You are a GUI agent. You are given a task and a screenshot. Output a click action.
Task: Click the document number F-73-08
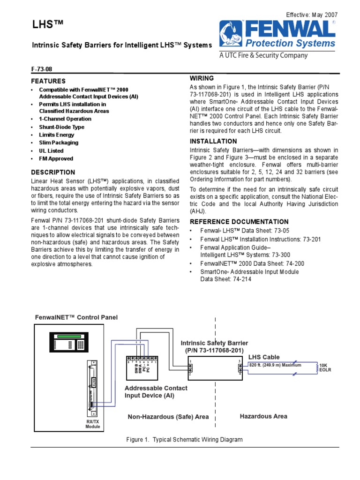point(41,68)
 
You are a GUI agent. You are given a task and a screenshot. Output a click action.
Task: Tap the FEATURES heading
point(48,81)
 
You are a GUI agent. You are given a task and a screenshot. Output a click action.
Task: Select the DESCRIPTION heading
point(53,172)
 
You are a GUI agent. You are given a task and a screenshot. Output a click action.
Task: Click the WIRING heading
point(202,78)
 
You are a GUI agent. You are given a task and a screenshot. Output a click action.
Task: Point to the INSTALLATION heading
point(213,141)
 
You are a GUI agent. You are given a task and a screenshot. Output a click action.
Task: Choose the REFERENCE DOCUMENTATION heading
point(239,222)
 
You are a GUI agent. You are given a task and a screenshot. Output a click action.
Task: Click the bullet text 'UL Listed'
point(51,151)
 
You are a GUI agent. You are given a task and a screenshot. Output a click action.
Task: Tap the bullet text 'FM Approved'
point(56,159)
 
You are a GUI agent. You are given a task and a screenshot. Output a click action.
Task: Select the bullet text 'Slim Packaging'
point(59,142)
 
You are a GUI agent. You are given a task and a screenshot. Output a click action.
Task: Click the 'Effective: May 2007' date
point(311,15)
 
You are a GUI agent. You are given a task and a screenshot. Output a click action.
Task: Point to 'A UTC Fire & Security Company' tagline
point(264,55)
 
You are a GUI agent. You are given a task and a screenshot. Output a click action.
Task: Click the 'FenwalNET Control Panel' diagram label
point(76,317)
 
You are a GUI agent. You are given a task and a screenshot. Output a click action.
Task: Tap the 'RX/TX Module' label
point(93,424)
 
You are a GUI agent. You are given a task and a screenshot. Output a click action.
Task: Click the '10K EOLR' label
point(325,367)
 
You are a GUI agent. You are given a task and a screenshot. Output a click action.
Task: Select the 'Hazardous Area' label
point(263,416)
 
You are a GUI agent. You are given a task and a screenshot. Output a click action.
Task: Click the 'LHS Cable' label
point(264,357)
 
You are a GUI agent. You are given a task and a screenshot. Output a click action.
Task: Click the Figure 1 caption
point(184,440)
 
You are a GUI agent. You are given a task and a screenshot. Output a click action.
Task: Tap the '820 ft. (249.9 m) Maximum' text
point(275,365)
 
